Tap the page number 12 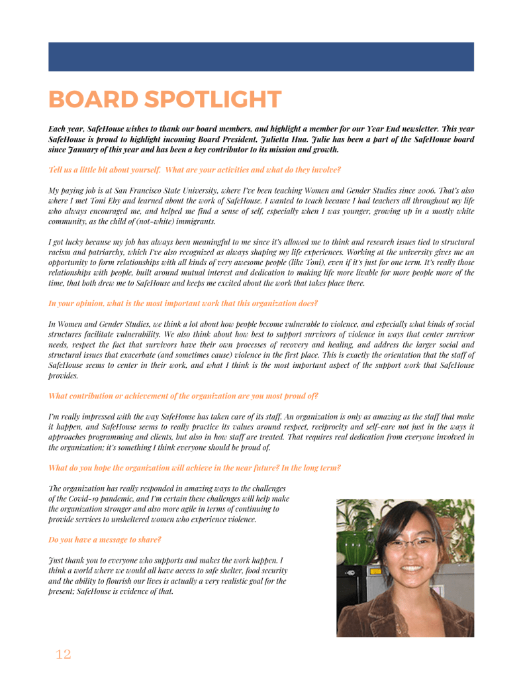pos(63,655)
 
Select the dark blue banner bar pos(261,57)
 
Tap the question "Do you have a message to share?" pos(105,540)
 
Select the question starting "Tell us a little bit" pos(195,170)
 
